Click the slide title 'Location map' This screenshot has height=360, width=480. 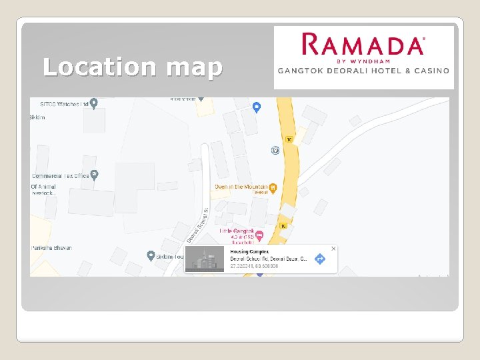[x=132, y=67]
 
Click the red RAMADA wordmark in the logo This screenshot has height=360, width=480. [x=363, y=45]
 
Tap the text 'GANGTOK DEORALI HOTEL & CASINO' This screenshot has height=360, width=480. [x=363, y=71]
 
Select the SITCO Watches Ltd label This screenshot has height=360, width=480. [x=64, y=103]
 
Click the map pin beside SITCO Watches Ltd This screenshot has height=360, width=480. [x=94, y=103]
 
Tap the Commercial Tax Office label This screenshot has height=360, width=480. [x=60, y=176]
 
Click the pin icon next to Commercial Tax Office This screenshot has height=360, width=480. [x=95, y=175]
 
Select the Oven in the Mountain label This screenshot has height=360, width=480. [x=241, y=187]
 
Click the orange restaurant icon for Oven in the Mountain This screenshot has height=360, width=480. [x=273, y=188]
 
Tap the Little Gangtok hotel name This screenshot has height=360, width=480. [x=237, y=231]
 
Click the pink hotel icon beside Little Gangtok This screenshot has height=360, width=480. [x=260, y=235]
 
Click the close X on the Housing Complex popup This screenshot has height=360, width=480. [x=333, y=249]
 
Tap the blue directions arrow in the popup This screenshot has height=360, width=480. [x=319, y=259]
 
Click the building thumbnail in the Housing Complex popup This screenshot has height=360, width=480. [x=205, y=259]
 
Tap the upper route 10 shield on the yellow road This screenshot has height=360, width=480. [x=289, y=139]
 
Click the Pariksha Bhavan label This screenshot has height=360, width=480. [x=51, y=248]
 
